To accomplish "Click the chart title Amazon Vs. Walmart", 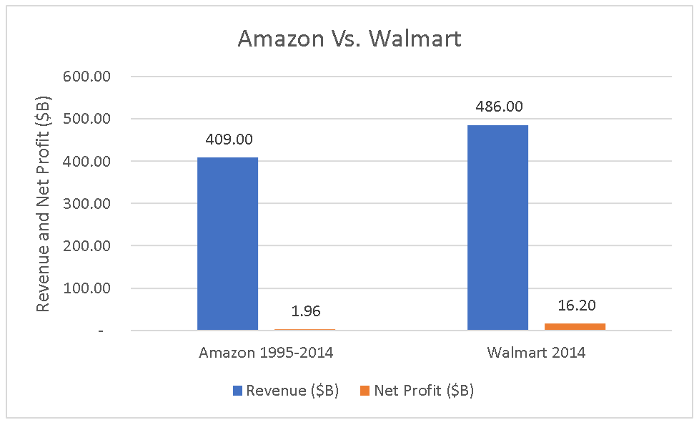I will (x=349, y=39).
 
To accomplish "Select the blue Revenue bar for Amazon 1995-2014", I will (x=228, y=244).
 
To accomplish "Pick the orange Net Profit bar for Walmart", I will (x=575, y=326).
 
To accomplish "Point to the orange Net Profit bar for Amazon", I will (x=304, y=329).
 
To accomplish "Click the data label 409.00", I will (x=228, y=140).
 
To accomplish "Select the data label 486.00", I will (x=498, y=107).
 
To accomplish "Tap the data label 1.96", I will (x=305, y=311).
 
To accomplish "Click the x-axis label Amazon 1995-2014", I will (x=266, y=353).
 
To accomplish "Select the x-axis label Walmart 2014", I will (x=536, y=353).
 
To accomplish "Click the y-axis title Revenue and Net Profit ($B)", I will (x=43, y=204).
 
